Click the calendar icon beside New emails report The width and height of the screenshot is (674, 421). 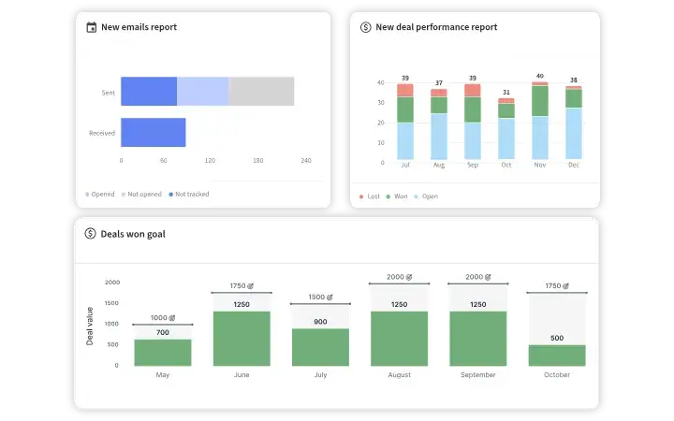pos(91,27)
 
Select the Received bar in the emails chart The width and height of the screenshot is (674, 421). pos(153,133)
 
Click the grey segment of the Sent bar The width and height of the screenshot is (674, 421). pos(261,92)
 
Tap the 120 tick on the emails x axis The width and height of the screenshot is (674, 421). pos(210,161)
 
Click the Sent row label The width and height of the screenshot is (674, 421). pos(108,93)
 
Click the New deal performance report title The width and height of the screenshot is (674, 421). pos(436,27)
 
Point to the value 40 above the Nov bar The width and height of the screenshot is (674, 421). pos(540,76)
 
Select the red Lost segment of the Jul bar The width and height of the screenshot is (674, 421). pos(405,90)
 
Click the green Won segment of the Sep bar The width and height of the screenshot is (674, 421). pos(473,109)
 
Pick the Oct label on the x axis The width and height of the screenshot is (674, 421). pos(506,165)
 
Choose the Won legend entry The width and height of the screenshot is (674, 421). pos(399,196)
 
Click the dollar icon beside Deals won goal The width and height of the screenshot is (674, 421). pos(91,234)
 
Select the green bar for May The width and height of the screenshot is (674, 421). pos(163,353)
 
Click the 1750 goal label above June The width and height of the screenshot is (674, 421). pos(242,286)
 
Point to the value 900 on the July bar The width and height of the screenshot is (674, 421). pos(320,322)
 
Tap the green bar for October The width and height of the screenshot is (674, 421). pos(556,356)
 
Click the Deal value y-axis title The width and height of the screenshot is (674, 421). pos(91,326)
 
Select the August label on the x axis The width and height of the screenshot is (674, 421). pos(399,375)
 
